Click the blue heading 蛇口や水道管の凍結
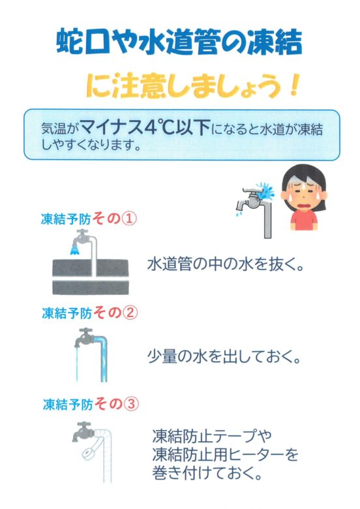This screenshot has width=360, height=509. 179,42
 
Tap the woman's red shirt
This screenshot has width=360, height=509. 304,221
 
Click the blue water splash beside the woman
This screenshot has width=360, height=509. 266,191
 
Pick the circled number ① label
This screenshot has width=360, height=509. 128,219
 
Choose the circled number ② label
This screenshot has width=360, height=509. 130,313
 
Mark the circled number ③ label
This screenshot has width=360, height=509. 130,405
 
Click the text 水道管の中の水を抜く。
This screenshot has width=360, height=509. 226,264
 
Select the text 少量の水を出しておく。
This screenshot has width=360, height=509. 224,357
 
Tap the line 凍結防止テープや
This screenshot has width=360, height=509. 212,437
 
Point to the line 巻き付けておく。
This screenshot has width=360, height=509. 207,473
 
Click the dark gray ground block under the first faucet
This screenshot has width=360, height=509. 91,277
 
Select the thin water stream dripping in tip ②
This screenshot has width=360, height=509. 77,364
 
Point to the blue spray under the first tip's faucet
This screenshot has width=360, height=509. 74,250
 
